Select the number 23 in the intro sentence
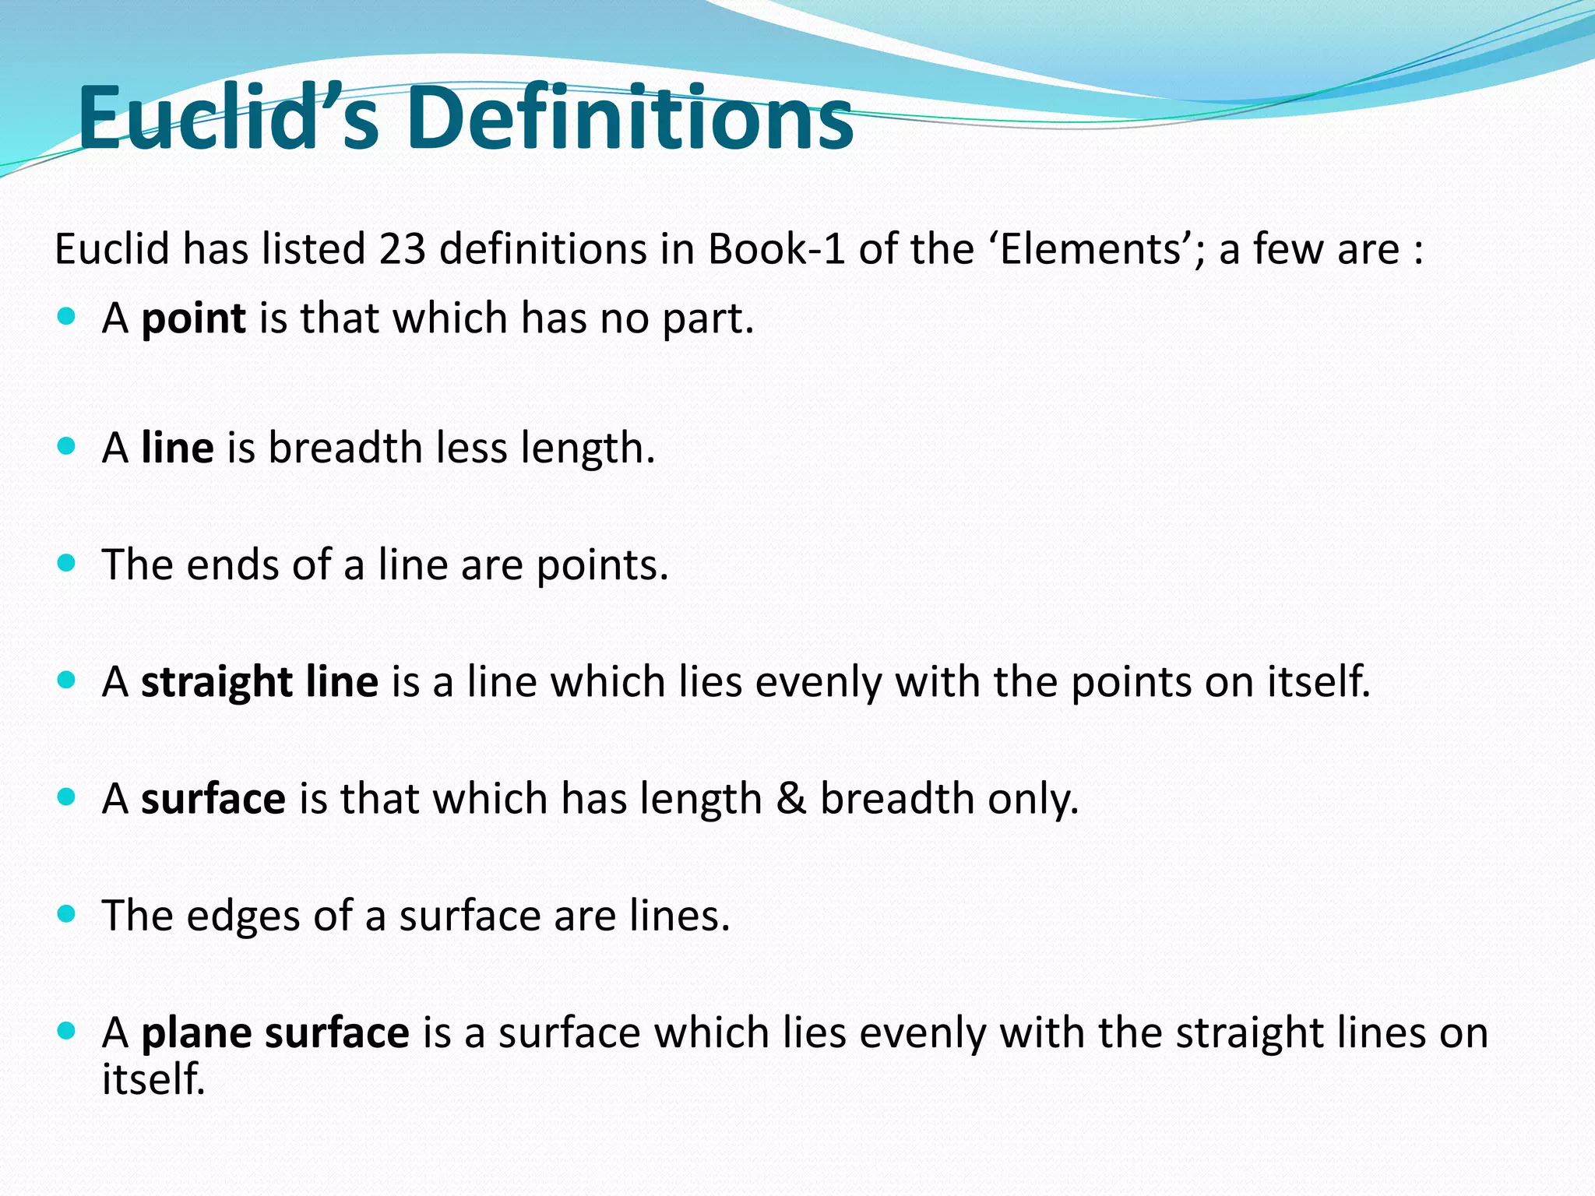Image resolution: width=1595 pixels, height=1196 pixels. pyautogui.click(x=403, y=249)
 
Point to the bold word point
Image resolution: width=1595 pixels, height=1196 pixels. pyautogui.click(x=193, y=318)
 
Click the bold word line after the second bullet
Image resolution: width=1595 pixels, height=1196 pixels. pyautogui.click(x=177, y=448)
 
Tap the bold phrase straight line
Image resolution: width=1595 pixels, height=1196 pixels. pyautogui.click(x=259, y=682)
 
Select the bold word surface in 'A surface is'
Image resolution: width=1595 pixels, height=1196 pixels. pyautogui.click(x=213, y=799)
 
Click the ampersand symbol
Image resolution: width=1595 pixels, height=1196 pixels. pyautogui.click(x=790, y=799)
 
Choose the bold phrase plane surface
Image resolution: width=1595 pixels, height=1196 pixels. pyautogui.click(x=275, y=1033)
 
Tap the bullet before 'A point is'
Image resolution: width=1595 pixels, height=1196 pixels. pyautogui.click(x=67, y=317)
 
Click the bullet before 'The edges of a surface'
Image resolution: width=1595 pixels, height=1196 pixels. pyautogui.click(x=67, y=914)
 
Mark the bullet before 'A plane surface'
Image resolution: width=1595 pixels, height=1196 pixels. pyautogui.click(x=67, y=1031)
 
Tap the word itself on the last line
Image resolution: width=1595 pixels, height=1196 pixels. pyautogui.click(x=153, y=1079)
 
